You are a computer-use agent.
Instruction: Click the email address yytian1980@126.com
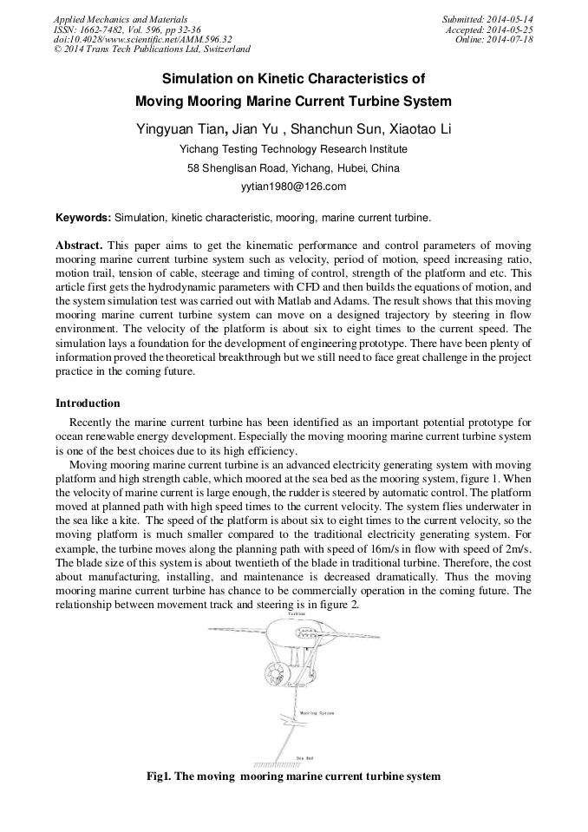[293, 187]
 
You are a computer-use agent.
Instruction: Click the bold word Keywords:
[83, 218]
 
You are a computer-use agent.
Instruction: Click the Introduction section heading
[88, 403]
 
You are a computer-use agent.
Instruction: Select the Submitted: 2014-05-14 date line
[488, 19]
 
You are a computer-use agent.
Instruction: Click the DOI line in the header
[143, 40]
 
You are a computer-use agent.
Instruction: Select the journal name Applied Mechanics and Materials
[121, 19]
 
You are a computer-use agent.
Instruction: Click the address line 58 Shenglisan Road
[293, 168]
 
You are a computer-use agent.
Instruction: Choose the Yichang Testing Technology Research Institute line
[293, 149]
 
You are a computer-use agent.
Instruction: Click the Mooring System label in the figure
[317, 713]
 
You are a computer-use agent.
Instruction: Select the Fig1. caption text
[293, 776]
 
